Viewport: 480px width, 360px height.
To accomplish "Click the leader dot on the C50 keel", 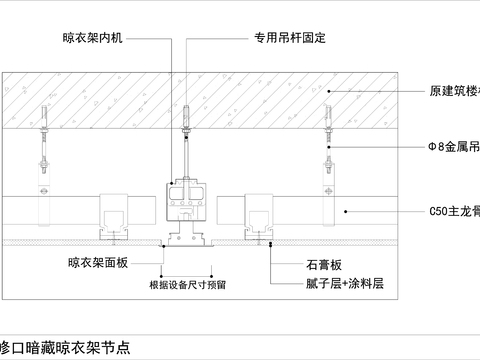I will click(345, 211).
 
